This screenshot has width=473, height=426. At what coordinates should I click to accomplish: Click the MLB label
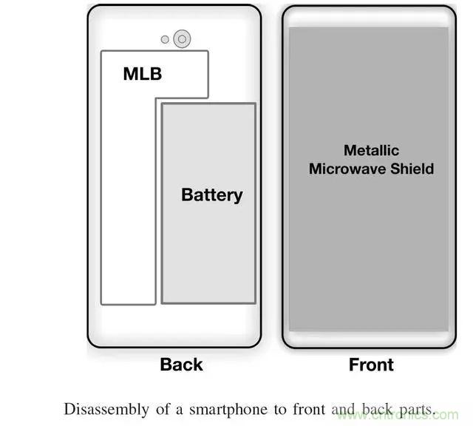click(x=142, y=74)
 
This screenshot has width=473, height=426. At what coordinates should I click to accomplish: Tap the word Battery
click(x=211, y=195)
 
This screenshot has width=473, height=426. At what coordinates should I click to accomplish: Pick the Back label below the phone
click(x=181, y=365)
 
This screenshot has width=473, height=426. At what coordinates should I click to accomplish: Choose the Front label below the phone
click(x=371, y=365)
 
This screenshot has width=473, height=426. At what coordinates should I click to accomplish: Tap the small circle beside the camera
click(x=165, y=39)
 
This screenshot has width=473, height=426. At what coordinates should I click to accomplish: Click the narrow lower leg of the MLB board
click(x=128, y=222)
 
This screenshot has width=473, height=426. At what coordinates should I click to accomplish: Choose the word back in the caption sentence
click(x=374, y=409)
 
